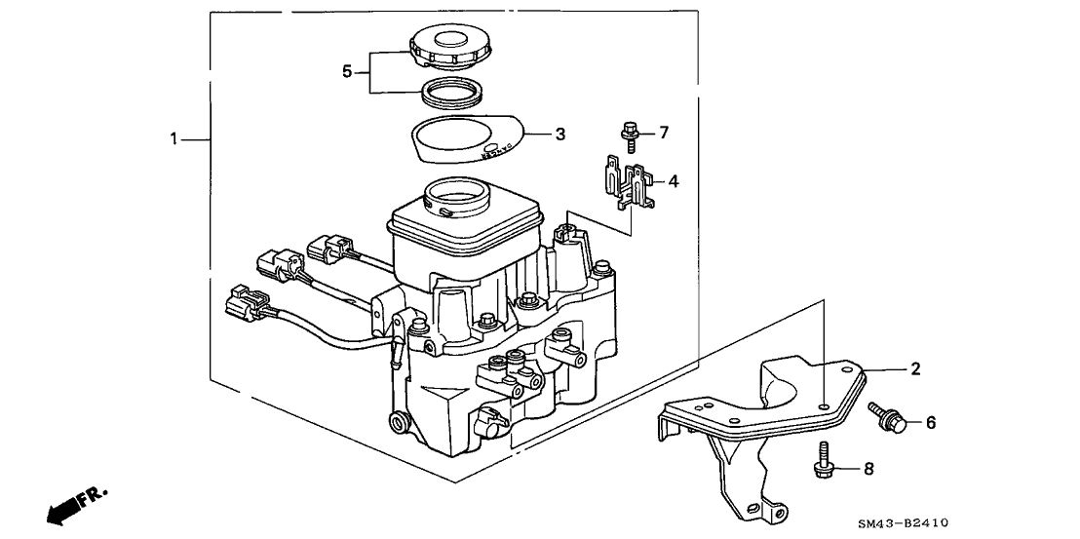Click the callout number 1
click(x=174, y=140)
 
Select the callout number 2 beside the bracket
click(x=915, y=368)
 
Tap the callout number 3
click(x=559, y=134)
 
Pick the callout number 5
click(x=346, y=71)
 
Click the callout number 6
click(x=930, y=422)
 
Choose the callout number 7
click(x=664, y=131)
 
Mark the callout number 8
click(x=869, y=469)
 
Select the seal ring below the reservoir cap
click(x=454, y=94)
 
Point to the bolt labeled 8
click(x=826, y=460)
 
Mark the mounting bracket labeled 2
click(x=770, y=419)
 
